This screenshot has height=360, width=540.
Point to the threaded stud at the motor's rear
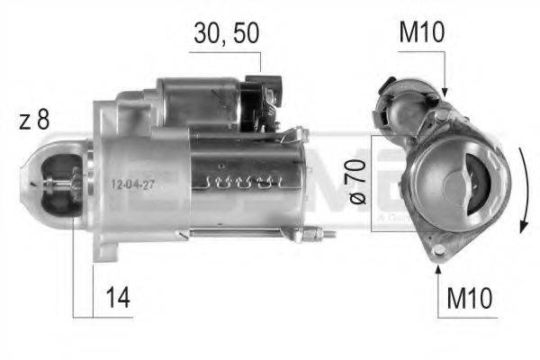click(x=320, y=236)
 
